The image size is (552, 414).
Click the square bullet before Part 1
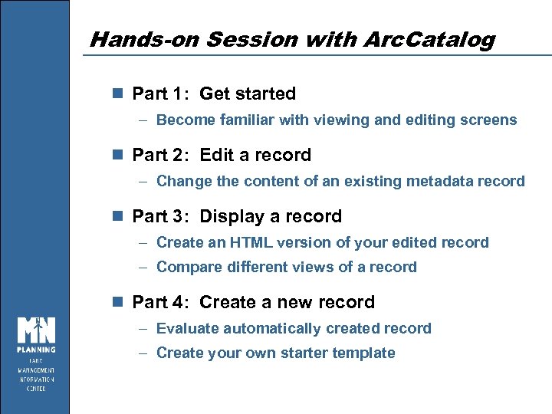pyautogui.click(x=117, y=94)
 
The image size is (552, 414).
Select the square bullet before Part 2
pyautogui.click(x=117, y=155)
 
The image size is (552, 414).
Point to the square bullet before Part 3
pyautogui.click(x=117, y=216)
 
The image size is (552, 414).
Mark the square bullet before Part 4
pyautogui.click(x=117, y=302)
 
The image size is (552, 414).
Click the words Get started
pyautogui.click(x=247, y=94)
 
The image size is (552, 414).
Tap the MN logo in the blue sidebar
pyautogui.click(x=35, y=330)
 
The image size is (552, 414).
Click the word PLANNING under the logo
pyautogui.click(x=35, y=350)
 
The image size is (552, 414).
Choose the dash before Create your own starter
pyautogui.click(x=144, y=353)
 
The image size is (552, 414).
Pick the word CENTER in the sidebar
pyautogui.click(x=35, y=388)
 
